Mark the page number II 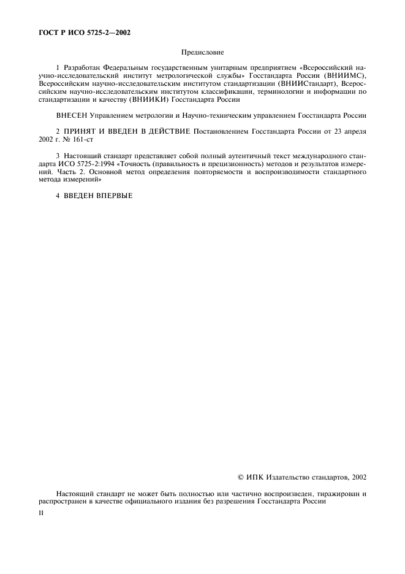(40, 513)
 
